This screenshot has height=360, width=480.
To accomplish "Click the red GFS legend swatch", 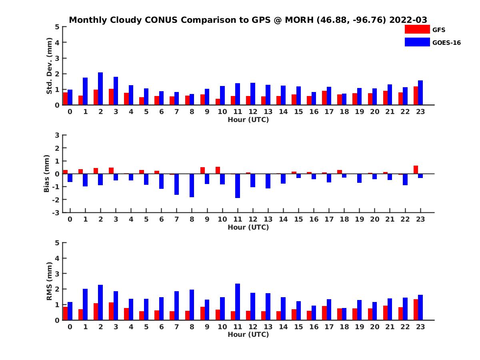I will click(417, 30).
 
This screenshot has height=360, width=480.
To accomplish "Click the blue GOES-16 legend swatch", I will click(417, 42).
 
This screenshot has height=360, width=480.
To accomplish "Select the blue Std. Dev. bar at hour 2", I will click(100, 89).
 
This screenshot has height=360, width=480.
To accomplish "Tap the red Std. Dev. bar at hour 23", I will click(416, 96).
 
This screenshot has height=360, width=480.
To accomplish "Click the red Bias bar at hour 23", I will click(416, 170).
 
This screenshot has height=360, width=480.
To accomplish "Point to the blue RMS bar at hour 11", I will click(238, 302).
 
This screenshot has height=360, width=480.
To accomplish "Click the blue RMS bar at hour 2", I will click(100, 302).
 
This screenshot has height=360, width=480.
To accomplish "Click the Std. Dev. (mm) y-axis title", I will click(49, 66).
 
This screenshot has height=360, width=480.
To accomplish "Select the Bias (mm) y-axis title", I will click(47, 173).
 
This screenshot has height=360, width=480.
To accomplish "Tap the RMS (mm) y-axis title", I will click(49, 281).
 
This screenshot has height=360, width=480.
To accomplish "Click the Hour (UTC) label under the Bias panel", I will click(248, 227).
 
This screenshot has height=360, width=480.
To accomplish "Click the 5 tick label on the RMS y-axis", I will click(57, 242).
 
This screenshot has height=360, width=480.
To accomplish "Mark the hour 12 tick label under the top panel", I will click(253, 112).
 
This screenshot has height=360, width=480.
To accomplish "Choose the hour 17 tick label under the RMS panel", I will click(329, 326).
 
